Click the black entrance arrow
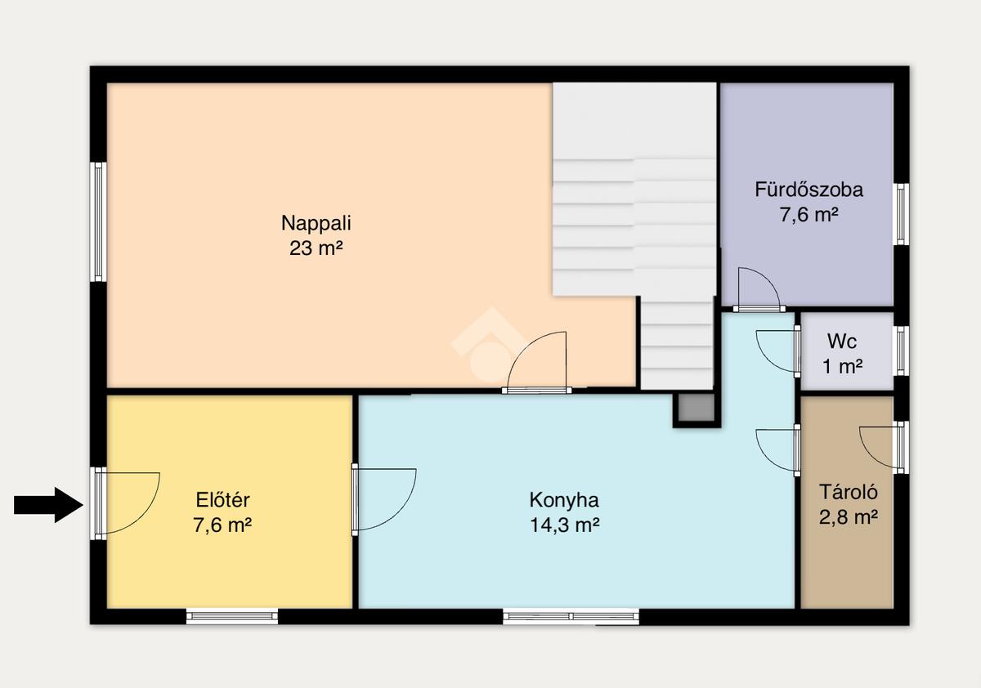click(x=48, y=505)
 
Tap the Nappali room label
click(x=316, y=223)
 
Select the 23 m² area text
click(x=316, y=248)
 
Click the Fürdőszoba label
click(x=809, y=190)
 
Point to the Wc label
click(x=842, y=342)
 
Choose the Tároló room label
click(x=849, y=492)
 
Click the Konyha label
click(x=564, y=500)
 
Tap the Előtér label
click(x=222, y=500)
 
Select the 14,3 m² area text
click(x=565, y=525)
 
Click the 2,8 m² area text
click(x=849, y=517)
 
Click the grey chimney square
click(x=697, y=408)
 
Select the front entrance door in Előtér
click(x=101, y=503)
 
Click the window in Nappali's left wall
click(x=99, y=222)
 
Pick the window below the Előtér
click(x=232, y=616)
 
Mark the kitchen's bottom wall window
click(x=571, y=616)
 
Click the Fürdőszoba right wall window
click(x=901, y=214)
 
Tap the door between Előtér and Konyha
click(x=355, y=499)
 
